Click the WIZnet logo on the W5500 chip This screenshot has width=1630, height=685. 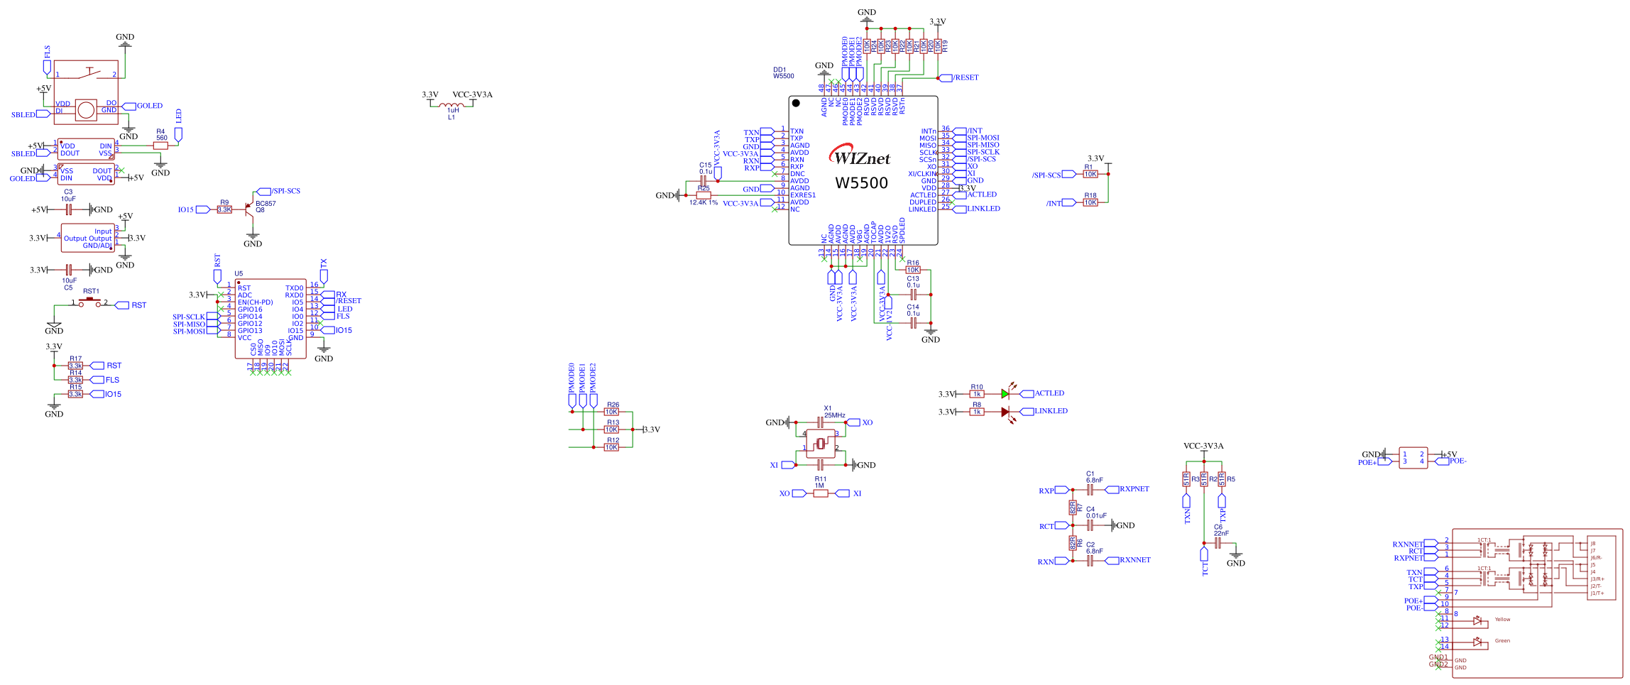point(860,157)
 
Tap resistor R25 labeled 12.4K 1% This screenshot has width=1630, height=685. point(703,195)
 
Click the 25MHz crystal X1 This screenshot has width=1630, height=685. point(821,444)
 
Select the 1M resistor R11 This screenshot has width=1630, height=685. point(821,493)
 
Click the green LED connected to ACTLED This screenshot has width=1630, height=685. point(1005,393)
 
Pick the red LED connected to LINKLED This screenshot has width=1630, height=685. point(1005,412)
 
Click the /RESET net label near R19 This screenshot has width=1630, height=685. point(966,77)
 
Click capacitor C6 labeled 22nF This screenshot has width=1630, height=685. point(1218,543)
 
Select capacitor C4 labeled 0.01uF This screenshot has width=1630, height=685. point(1090,525)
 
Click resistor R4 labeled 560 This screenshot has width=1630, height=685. point(161,146)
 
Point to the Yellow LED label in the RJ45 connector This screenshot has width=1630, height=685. point(1502,620)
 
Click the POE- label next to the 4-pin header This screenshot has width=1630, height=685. point(1457,461)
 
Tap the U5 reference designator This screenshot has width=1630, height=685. point(239,273)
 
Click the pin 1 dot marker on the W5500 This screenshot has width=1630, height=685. point(796,103)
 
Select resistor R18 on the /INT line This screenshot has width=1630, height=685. point(1090,202)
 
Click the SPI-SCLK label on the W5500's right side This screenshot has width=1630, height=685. point(983,152)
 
